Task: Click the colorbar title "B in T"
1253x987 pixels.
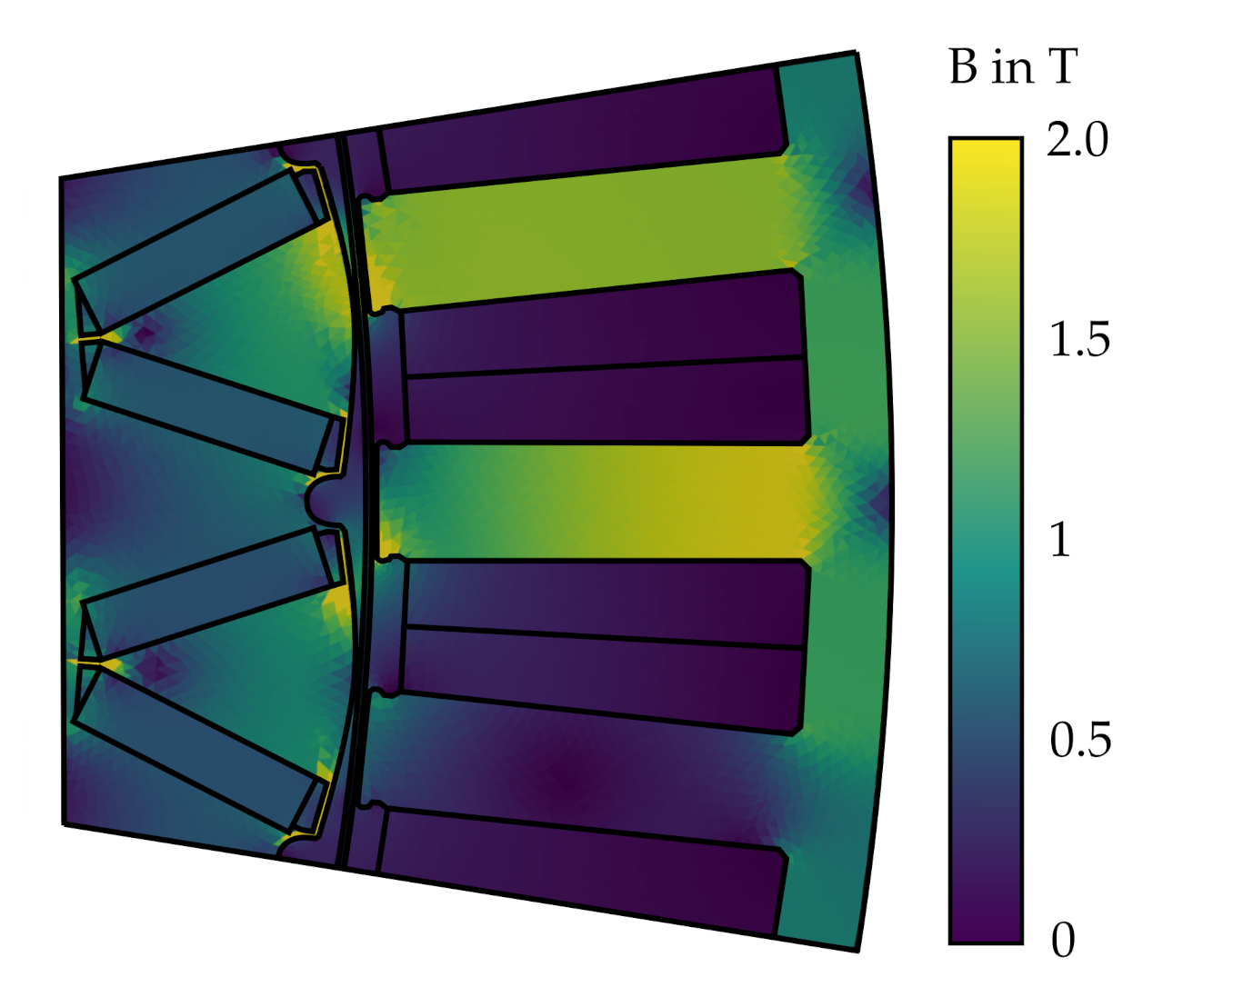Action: click(x=1012, y=67)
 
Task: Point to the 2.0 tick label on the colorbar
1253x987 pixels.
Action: click(x=1078, y=141)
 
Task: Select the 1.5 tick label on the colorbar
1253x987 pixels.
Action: click(x=1079, y=340)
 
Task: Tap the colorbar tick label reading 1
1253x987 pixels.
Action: click(x=1060, y=540)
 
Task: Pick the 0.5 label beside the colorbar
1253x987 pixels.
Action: click(x=1079, y=741)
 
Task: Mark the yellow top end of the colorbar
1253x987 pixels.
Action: click(x=986, y=150)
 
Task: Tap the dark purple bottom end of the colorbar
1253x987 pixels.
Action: click(x=986, y=932)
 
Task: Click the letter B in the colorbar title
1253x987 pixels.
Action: click(x=963, y=67)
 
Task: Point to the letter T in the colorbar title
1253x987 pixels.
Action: click(x=1062, y=67)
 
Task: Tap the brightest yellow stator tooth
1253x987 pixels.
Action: click(x=637, y=503)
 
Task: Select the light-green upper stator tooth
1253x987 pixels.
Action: click(x=582, y=232)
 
